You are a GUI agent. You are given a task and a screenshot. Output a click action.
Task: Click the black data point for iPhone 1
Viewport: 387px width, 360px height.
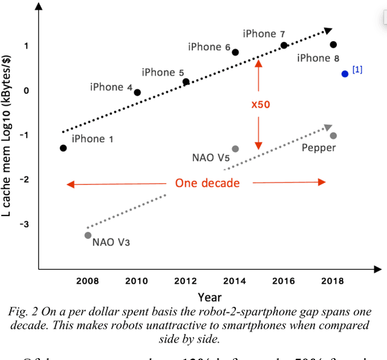point(63,148)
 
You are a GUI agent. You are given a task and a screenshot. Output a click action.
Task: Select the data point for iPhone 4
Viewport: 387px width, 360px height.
point(137,93)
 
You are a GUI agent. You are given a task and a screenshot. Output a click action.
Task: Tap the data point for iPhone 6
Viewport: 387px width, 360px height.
point(235,53)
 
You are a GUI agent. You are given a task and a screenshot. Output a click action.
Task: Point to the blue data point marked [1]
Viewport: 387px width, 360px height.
point(345,74)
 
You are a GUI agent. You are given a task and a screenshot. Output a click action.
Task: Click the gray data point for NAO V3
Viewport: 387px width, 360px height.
point(88,235)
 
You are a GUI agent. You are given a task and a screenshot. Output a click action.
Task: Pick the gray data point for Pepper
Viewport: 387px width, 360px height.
point(333,136)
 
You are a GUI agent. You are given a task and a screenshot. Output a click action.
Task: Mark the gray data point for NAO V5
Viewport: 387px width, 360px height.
point(235,149)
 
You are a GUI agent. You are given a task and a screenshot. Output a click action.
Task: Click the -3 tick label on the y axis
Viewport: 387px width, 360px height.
point(24,225)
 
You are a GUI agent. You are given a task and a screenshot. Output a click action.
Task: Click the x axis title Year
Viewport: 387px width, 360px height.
point(209,297)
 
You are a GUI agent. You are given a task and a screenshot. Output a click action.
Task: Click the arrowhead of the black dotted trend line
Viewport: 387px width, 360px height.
point(329,30)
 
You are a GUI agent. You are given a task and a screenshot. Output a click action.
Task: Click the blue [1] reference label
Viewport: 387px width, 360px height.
point(357,70)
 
